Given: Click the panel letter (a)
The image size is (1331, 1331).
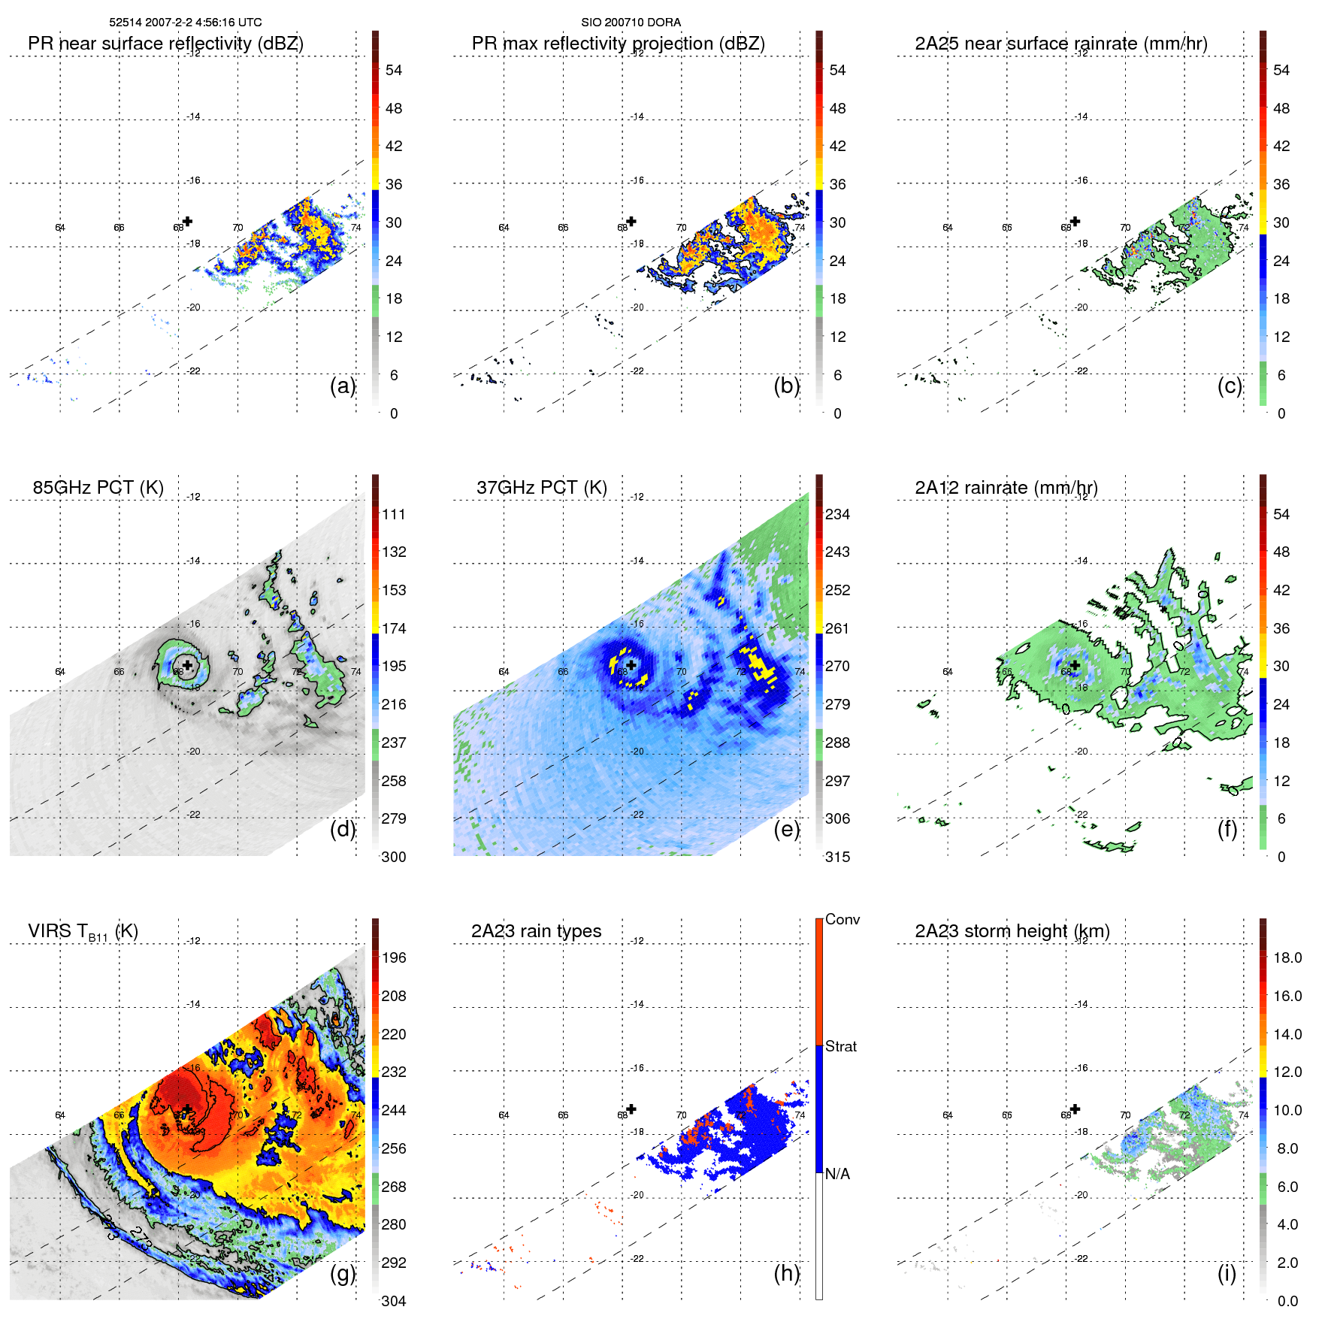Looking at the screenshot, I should pyautogui.click(x=343, y=386).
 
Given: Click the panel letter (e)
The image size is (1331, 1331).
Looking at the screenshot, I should pyautogui.click(x=786, y=830).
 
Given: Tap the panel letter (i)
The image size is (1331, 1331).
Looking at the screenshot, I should pyautogui.click(x=1227, y=1273).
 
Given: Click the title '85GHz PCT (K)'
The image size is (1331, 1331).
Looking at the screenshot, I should pyautogui.click(x=98, y=487).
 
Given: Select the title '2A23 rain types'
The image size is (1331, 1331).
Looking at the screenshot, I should pyautogui.click(x=536, y=930).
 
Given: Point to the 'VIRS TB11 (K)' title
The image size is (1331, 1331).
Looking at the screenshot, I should pyautogui.click(x=83, y=931).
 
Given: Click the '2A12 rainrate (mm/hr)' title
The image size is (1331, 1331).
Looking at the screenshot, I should pyautogui.click(x=1006, y=487).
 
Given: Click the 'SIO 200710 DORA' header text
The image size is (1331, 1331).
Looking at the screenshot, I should pyautogui.click(x=631, y=23).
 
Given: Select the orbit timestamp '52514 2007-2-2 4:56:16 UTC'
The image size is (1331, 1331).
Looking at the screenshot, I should pyautogui.click(x=185, y=23).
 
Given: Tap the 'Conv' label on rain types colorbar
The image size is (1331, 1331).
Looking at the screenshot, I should pyautogui.click(x=842, y=919).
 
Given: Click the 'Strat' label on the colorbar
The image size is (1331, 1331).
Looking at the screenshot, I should pyautogui.click(x=840, y=1046).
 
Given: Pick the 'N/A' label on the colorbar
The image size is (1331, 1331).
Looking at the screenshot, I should pyautogui.click(x=838, y=1174).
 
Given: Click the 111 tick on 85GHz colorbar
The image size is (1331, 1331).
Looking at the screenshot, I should pyautogui.click(x=394, y=514).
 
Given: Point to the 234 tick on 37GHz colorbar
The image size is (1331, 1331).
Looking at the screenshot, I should pyautogui.click(x=837, y=514).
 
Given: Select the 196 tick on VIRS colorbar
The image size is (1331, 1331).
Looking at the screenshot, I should pyautogui.click(x=394, y=957).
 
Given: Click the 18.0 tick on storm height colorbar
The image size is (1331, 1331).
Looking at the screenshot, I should pyautogui.click(x=1287, y=957).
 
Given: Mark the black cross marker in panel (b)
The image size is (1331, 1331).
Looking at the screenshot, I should pyautogui.click(x=631, y=221).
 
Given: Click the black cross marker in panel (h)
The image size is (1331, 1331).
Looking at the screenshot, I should pyautogui.click(x=631, y=1109).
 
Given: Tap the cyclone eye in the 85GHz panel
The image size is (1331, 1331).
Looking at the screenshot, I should pyautogui.click(x=186, y=665).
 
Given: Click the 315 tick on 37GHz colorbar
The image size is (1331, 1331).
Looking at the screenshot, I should pyautogui.click(x=837, y=857).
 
